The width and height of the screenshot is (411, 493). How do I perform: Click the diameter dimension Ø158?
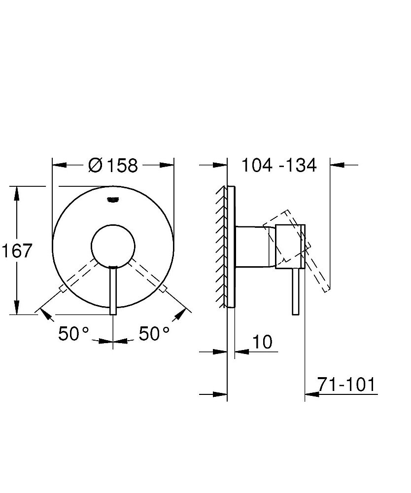pos(113,166)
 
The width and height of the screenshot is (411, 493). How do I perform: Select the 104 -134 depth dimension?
pos(278,165)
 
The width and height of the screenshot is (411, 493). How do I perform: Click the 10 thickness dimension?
pos(262,342)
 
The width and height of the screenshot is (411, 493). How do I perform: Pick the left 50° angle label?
pos(73,334)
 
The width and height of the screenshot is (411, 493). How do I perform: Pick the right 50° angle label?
pos(154,334)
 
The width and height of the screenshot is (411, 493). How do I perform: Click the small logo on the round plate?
pos(113,199)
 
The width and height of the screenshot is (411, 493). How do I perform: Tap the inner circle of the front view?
pos(113,244)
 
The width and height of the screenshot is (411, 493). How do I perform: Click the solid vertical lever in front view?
pos(113,291)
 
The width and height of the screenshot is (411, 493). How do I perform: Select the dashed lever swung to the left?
pos(79,274)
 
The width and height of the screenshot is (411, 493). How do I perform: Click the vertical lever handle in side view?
pos(296,291)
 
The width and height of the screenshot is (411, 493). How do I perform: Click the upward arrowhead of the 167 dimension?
pos(17,193)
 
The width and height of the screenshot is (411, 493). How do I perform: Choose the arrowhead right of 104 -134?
pos(337,165)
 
